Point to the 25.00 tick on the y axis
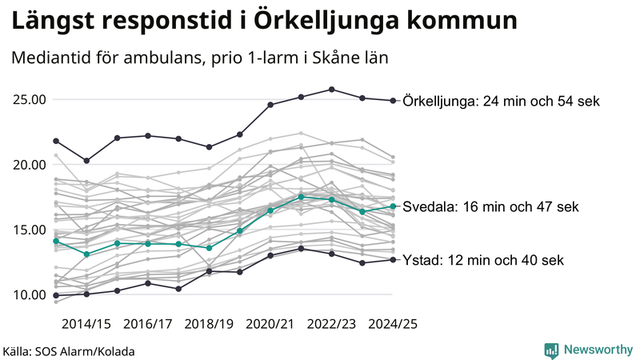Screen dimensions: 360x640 click(x=29, y=100)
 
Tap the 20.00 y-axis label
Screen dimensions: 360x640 click(x=29, y=165)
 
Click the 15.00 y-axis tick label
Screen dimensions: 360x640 click(x=29, y=230)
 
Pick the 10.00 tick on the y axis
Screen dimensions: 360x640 click(x=29, y=295)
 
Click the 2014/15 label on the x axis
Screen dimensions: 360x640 click(x=86, y=324)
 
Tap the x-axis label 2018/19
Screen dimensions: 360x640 click(x=209, y=324)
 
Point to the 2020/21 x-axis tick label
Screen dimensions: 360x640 click(x=270, y=324)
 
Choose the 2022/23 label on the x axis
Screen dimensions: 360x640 click(x=331, y=324)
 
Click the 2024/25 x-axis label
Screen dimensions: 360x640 click(x=393, y=324)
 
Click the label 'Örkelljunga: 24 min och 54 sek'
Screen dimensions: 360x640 click(x=502, y=101)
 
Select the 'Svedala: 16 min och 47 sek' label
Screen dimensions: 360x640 click(x=490, y=206)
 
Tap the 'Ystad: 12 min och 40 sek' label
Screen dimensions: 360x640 click(x=483, y=260)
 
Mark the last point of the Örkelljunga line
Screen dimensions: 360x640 click(x=393, y=101)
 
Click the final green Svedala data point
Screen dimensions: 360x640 click(x=393, y=206)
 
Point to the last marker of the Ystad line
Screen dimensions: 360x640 click(x=393, y=260)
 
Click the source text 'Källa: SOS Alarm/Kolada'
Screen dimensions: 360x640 click(x=69, y=351)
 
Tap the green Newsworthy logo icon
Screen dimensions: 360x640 click(x=551, y=350)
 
